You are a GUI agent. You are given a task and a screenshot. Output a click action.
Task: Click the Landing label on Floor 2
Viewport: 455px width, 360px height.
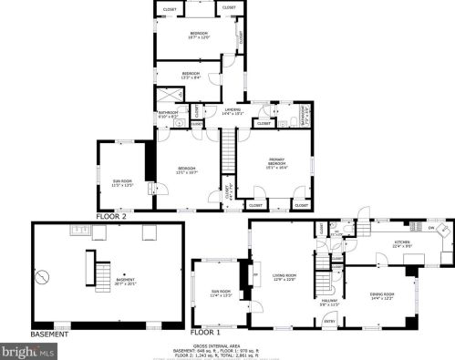(233, 111)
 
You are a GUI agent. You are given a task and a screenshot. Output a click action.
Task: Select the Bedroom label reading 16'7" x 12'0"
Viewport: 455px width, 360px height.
(199, 36)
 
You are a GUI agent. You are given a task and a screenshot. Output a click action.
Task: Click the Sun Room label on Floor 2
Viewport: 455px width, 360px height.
(121, 183)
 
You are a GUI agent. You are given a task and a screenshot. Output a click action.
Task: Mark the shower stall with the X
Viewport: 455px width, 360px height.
(171, 96)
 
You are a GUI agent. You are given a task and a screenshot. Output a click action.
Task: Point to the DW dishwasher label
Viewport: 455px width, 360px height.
(430, 228)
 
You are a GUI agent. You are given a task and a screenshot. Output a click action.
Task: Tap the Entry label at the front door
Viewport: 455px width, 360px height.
(329, 321)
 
